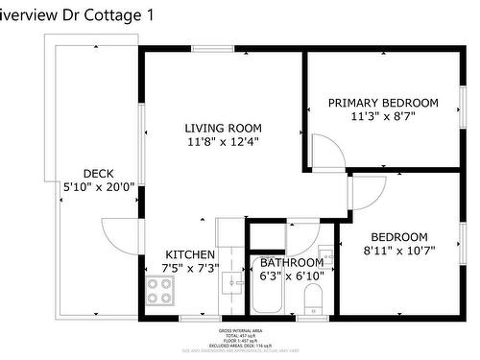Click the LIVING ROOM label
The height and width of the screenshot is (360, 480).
[x=223, y=128]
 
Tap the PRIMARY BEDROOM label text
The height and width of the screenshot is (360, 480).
[x=383, y=103]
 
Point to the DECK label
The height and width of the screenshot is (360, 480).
[x=98, y=174]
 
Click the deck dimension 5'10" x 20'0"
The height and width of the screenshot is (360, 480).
[x=98, y=187]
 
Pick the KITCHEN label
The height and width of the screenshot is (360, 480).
[x=189, y=254]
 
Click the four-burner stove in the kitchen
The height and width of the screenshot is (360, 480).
[x=159, y=291]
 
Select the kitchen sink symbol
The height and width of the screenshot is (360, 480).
[x=231, y=282]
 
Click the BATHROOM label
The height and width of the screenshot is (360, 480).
[x=291, y=262]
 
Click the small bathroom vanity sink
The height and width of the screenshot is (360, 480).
[x=326, y=257]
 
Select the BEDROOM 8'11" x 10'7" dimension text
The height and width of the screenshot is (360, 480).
[x=399, y=252]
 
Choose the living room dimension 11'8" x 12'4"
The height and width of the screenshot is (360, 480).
[x=223, y=142]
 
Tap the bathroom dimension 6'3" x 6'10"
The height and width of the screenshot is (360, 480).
[x=291, y=276]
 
